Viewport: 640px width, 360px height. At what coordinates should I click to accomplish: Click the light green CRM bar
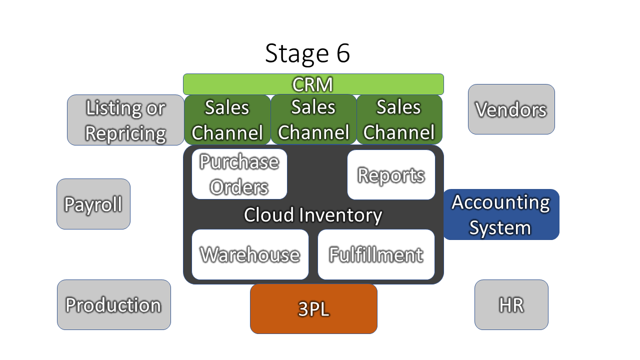pyautogui.click(x=313, y=84)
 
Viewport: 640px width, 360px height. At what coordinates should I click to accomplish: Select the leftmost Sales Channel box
pyautogui.click(x=227, y=119)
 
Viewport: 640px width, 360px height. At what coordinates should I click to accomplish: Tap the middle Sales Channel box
pyautogui.click(x=313, y=119)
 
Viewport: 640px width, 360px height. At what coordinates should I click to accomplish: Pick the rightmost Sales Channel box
pyautogui.click(x=399, y=119)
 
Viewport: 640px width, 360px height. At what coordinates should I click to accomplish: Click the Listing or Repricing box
pyautogui.click(x=125, y=120)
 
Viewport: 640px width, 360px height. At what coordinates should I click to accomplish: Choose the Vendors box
pyautogui.click(x=511, y=109)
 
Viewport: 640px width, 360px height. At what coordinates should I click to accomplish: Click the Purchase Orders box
pyautogui.click(x=239, y=174)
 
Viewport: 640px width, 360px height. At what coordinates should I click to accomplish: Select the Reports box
pyautogui.click(x=391, y=174)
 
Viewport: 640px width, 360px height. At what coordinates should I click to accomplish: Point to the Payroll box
pyautogui.click(x=93, y=204)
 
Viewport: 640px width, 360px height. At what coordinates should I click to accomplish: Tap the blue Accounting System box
pyautogui.click(x=501, y=214)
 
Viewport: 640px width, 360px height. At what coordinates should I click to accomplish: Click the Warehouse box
pyautogui.click(x=250, y=254)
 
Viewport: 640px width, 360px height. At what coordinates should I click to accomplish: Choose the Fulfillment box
pyautogui.click(x=376, y=254)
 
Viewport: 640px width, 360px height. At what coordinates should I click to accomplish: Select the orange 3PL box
pyautogui.click(x=313, y=309)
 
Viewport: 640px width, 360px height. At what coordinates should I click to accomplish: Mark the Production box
pyautogui.click(x=114, y=305)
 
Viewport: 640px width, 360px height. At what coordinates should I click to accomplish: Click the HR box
pyautogui.click(x=511, y=305)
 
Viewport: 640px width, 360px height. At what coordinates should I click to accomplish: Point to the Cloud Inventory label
pyautogui.click(x=313, y=215)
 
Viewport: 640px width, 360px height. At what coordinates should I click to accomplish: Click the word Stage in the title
pyautogui.click(x=297, y=53)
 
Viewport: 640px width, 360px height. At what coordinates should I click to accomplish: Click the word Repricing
pyautogui.click(x=125, y=133)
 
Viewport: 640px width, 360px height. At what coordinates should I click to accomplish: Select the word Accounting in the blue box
pyautogui.click(x=500, y=202)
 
